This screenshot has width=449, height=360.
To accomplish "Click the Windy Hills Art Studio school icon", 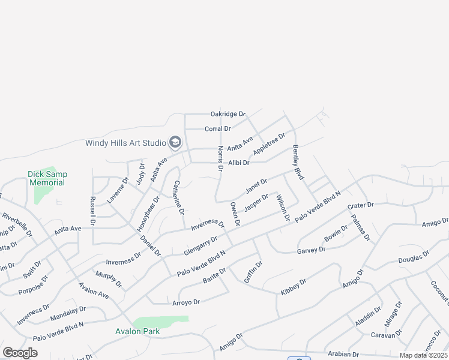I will [175, 142].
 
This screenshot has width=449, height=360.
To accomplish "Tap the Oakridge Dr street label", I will [228, 114].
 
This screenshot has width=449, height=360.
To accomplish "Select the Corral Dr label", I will [218, 129].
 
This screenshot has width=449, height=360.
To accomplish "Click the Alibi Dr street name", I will [238, 163].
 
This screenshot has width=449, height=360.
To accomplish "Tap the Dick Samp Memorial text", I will [47, 178].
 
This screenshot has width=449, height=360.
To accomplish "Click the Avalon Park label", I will [137, 331].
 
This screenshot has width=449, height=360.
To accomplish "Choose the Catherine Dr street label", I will [178, 197].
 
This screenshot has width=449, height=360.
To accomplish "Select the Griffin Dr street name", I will [253, 272].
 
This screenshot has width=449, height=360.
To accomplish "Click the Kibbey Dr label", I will [294, 286].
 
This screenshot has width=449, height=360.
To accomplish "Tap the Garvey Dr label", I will [311, 250].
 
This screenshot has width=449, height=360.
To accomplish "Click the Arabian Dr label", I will [342, 355].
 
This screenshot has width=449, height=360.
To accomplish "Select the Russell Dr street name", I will [93, 211].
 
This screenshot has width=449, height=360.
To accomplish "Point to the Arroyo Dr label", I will [185, 302].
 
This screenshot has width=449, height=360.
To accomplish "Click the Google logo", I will [20, 353].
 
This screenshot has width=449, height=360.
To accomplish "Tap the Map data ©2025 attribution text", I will [423, 355].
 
